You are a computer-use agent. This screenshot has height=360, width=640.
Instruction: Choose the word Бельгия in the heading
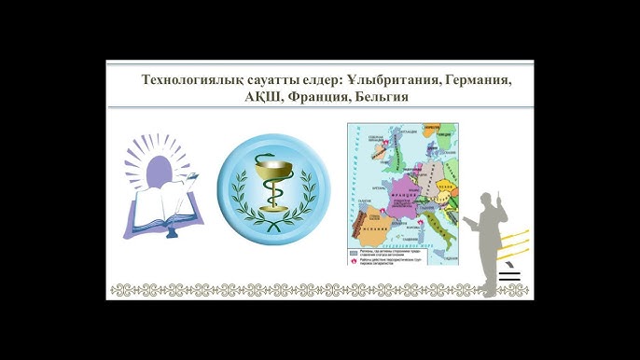379,98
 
